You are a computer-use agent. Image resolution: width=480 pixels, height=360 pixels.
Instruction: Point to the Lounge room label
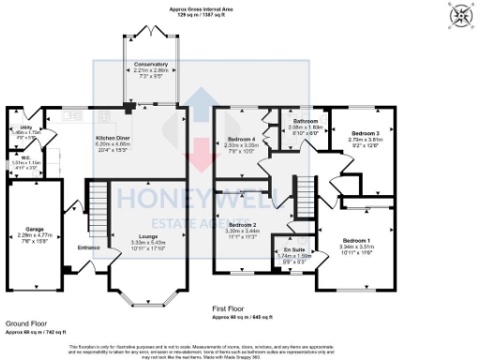pos(143,235)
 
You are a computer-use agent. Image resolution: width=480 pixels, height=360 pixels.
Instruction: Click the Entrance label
pos(89,247)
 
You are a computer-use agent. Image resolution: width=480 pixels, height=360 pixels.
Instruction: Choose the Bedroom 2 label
pos(242,225)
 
